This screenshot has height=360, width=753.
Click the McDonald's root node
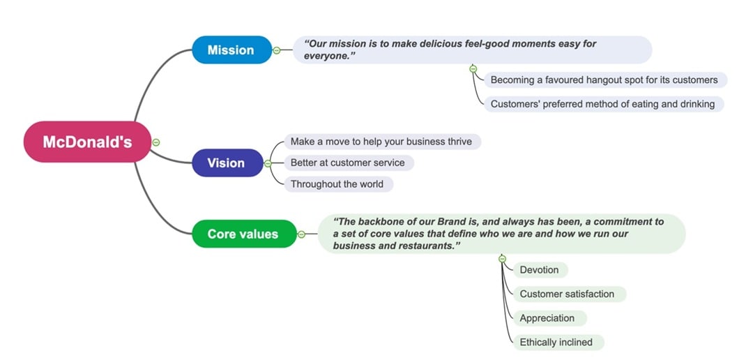(x=87, y=142)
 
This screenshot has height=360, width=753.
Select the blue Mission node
(x=231, y=50)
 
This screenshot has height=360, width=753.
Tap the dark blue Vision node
(x=227, y=163)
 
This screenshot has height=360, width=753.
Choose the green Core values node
(x=243, y=234)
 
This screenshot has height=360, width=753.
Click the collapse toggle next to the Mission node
(x=277, y=50)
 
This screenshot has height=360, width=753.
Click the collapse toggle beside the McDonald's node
(x=156, y=142)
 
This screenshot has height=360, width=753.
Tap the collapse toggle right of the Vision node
(x=268, y=164)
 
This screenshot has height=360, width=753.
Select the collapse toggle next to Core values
(x=301, y=234)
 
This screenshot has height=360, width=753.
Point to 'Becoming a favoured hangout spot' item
(x=604, y=80)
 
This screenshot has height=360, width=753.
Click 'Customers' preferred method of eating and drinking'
(x=602, y=104)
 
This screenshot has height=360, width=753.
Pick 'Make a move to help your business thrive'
(x=381, y=142)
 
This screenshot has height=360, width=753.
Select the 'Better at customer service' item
(x=347, y=163)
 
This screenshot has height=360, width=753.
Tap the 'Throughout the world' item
(x=337, y=184)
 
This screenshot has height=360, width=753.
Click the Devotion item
(x=539, y=270)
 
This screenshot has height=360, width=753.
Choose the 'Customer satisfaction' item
(x=567, y=294)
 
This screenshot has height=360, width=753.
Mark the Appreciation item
(x=547, y=318)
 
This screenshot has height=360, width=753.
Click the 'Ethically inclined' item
(x=556, y=343)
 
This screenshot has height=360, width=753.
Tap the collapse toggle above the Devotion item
(x=502, y=259)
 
